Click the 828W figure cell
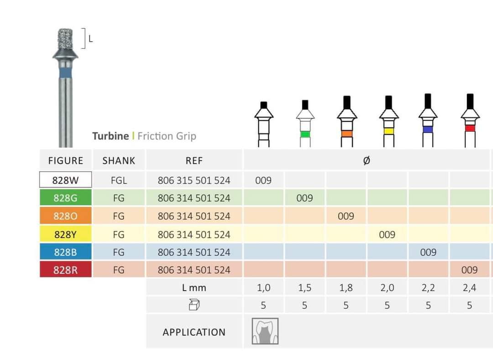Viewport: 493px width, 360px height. [65, 180]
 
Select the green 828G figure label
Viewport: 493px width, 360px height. [65, 198]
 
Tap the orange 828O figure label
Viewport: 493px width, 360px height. [65, 216]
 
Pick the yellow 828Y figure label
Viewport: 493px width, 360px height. [65, 234]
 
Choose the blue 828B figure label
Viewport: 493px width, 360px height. [65, 252]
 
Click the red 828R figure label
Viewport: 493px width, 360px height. [65, 270]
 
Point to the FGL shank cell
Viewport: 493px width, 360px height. [119, 180]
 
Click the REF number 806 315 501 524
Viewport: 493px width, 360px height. [194, 180]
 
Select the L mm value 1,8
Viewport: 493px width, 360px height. [346, 287]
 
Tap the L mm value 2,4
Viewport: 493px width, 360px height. [469, 287]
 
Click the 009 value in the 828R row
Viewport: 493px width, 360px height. [469, 270]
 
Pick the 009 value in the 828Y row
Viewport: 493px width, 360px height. [387, 234]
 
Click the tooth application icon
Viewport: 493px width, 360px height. [265, 331]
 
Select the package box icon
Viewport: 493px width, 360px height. [194, 305]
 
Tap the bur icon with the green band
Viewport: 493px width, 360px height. [305, 123]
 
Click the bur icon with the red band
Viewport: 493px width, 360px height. [470, 120]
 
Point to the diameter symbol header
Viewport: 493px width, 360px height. [366, 160]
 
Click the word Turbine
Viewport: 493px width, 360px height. [110, 136]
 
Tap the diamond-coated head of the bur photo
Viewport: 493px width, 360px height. [65, 39]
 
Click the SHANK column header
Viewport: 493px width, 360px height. [119, 160]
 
